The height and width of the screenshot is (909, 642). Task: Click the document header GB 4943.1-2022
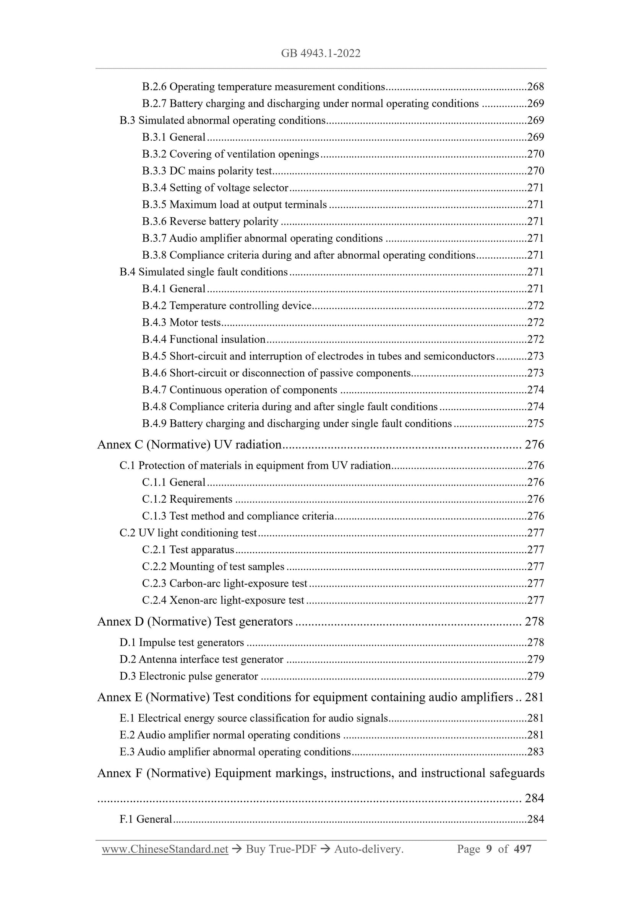pos(320,54)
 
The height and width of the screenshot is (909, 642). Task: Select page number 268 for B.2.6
pos(535,87)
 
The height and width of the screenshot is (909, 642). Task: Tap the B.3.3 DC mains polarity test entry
pos(207,171)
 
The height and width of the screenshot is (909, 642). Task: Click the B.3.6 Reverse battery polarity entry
pos(210,221)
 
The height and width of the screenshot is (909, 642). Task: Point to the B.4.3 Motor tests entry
pos(181,323)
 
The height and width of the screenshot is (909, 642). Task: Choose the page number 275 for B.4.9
pos(535,424)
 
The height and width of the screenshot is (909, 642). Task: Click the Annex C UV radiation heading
pos(189,445)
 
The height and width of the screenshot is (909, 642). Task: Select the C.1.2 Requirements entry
pos(187,499)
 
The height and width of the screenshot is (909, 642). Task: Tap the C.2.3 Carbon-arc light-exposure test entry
pos(224,583)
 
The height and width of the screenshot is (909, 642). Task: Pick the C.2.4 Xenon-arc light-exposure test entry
pos(223,601)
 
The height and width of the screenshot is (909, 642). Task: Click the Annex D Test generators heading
pos(195,622)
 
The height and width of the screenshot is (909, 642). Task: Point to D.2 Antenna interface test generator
pos(201,659)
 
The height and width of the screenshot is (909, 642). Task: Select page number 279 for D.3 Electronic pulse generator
pos(535,676)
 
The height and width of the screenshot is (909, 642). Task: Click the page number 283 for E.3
pos(535,752)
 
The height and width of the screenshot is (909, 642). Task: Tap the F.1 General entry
pos(146,819)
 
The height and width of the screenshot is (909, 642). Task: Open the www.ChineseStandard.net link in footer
pos(165,849)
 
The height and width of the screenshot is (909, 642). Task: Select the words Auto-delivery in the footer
pos(369,849)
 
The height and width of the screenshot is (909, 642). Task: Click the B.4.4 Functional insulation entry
pos(203,339)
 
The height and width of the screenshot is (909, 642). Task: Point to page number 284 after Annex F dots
pos(534,798)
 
